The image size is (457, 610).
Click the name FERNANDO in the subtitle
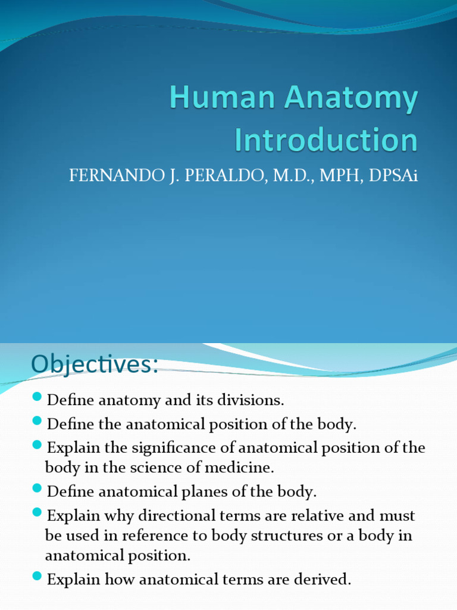pos(105,178)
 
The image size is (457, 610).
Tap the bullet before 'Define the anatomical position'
pos(37,422)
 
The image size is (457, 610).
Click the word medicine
pos(246,468)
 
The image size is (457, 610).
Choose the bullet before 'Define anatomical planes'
pos(37,489)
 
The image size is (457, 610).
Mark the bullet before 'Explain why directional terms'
pos(37,512)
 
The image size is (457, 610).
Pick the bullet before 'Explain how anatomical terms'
pos(37,575)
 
